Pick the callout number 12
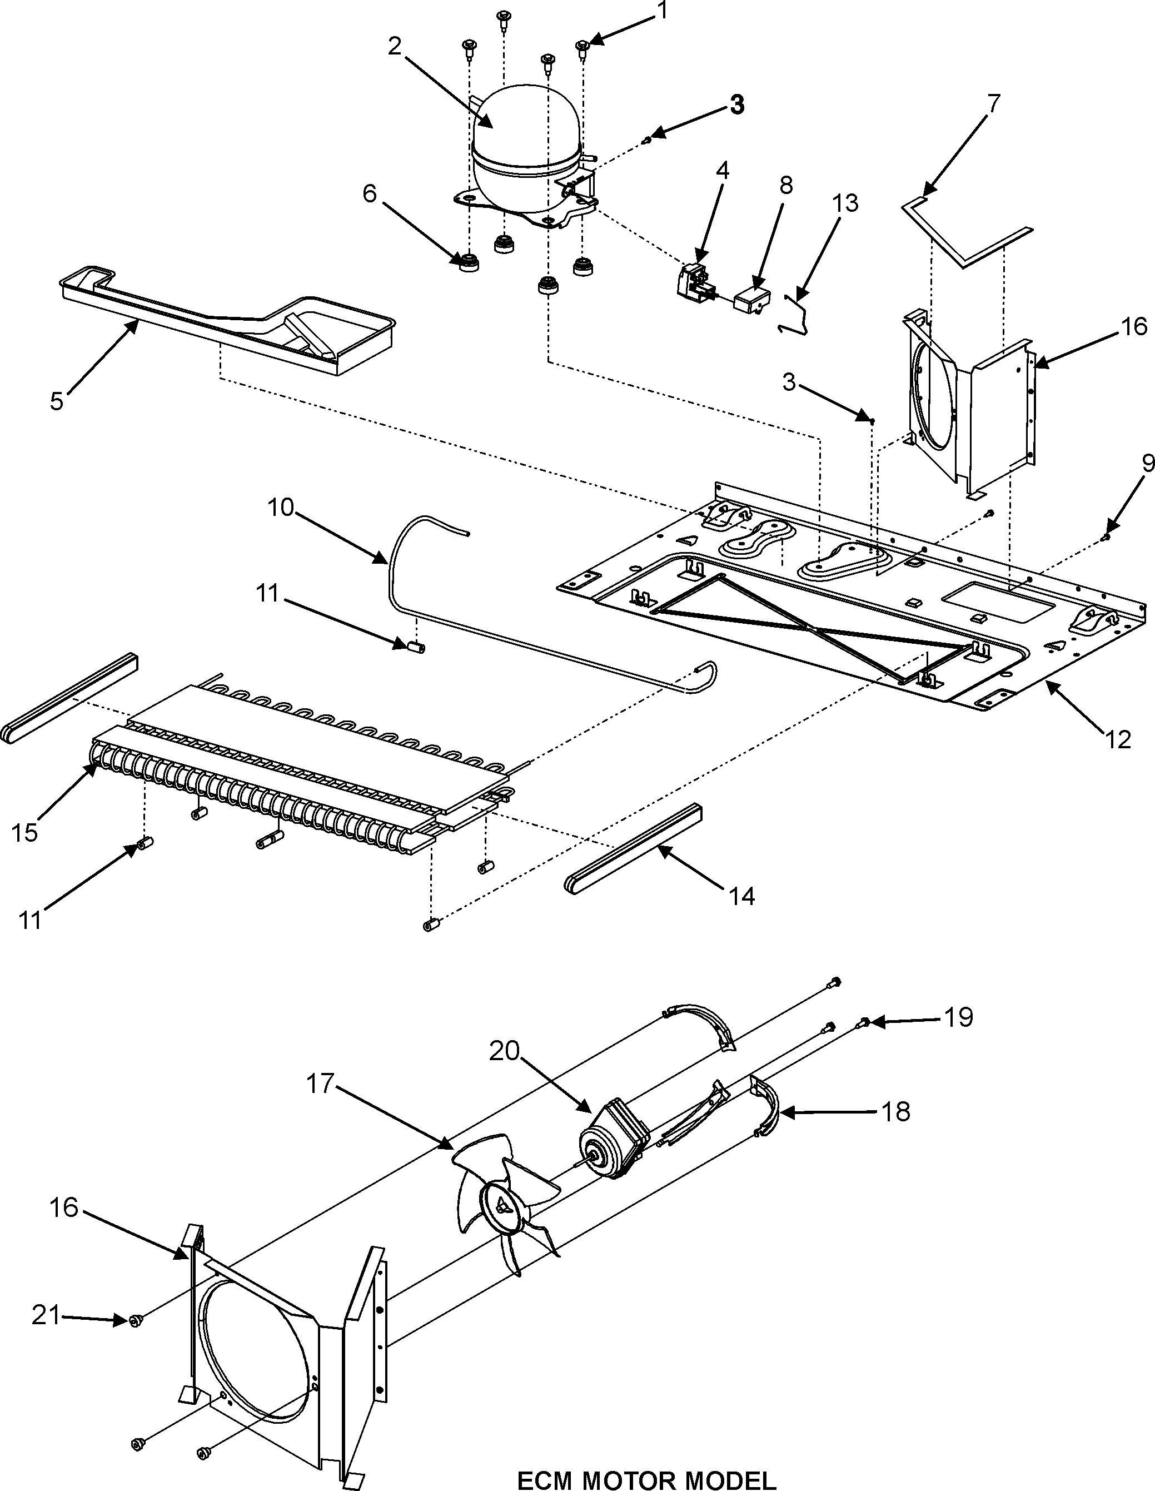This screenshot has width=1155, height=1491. click(x=1118, y=739)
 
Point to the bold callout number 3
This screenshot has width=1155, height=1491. click(x=736, y=105)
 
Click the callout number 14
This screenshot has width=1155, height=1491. click(x=742, y=896)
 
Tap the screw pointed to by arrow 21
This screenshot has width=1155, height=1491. click(x=135, y=1321)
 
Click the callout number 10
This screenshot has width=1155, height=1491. click(x=281, y=507)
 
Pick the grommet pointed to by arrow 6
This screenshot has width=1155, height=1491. click(x=469, y=262)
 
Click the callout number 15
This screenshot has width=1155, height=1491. click(x=24, y=833)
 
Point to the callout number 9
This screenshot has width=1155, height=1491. click(x=1147, y=464)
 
